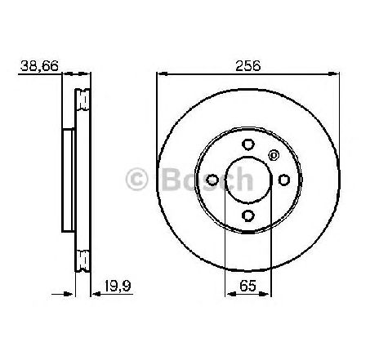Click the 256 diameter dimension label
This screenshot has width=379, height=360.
pyautogui.click(x=247, y=65)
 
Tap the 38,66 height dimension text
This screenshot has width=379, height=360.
pyautogui.click(x=40, y=65)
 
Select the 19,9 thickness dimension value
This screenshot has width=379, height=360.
pyautogui.click(x=118, y=286)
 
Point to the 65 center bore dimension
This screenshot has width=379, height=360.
pyautogui.click(x=248, y=286)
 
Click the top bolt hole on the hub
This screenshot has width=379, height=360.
pyautogui.click(x=248, y=144)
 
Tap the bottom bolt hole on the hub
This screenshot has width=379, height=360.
pyautogui.click(x=248, y=216)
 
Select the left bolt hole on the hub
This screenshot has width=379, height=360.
pyautogui.click(x=212, y=180)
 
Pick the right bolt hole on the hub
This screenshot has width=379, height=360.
pyautogui.click(x=284, y=180)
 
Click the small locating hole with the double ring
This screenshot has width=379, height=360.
pyautogui.click(x=274, y=155)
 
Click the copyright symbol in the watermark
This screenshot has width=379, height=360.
pyautogui.click(x=136, y=180)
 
